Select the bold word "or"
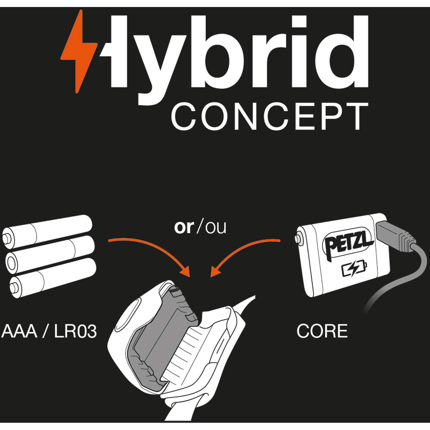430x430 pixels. (184, 227)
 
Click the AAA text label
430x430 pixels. (19, 331)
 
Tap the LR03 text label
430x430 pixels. (75, 331)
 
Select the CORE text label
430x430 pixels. (322, 331)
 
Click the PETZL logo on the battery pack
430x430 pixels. (348, 243)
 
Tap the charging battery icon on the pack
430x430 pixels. (354, 268)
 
